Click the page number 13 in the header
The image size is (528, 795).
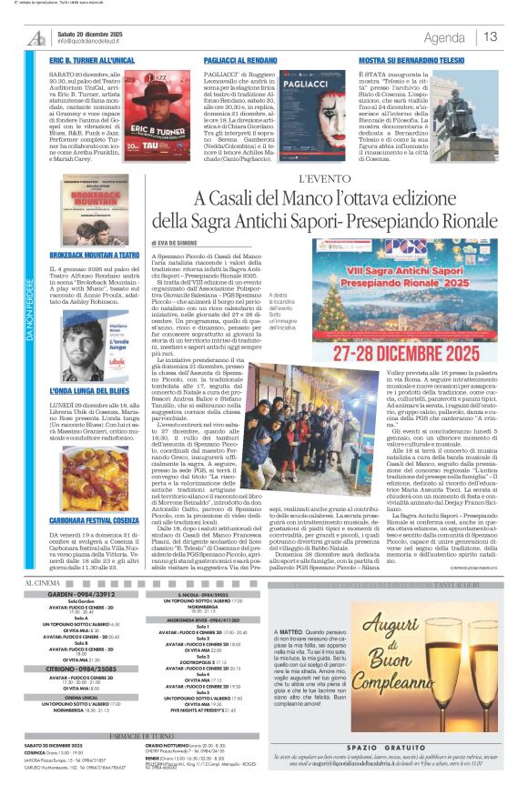point(490,36)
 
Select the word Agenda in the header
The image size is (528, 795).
point(444,37)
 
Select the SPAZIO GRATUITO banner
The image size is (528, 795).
point(398,747)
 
